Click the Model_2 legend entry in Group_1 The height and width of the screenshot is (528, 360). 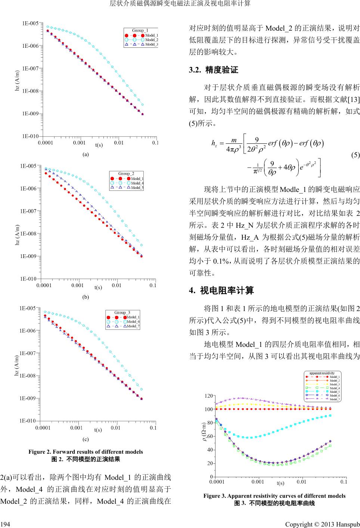point(152,40)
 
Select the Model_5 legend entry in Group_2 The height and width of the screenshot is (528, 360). point(137,187)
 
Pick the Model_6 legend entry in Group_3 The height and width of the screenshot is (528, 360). point(133,322)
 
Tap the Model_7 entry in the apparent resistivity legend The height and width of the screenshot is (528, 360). point(335,399)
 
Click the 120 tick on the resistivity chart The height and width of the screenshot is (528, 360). point(209,395)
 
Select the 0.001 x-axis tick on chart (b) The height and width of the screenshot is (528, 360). point(77,286)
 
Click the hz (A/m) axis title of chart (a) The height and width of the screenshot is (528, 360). point(17,80)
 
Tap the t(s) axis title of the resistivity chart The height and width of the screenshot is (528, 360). point(280,483)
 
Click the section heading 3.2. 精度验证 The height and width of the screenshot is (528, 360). point(214,70)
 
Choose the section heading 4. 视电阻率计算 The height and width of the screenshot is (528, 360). point(222,290)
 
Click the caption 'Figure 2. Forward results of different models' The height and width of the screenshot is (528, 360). point(86,451)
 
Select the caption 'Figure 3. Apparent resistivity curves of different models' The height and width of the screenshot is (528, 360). point(274,496)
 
